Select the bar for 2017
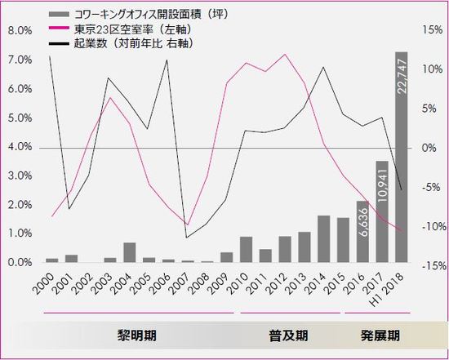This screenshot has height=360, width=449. tap(382, 212)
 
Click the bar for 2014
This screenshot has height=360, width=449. tap(323, 239)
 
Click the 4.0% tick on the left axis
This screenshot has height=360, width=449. tap(20, 147)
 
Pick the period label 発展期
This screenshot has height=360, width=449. tap(380, 336)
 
